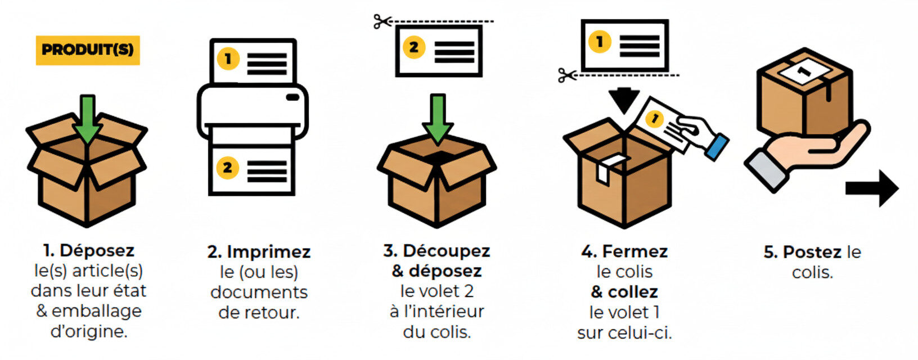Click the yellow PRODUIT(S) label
88,50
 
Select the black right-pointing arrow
871,188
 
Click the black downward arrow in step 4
624,101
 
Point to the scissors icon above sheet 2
382,22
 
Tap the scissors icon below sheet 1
567,75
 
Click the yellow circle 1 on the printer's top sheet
228,58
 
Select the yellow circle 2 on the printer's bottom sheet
227,168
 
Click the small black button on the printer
292,97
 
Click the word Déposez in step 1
97,250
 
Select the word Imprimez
268,251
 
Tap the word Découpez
446,250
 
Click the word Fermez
634,251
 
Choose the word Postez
812,252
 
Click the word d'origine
89,331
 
